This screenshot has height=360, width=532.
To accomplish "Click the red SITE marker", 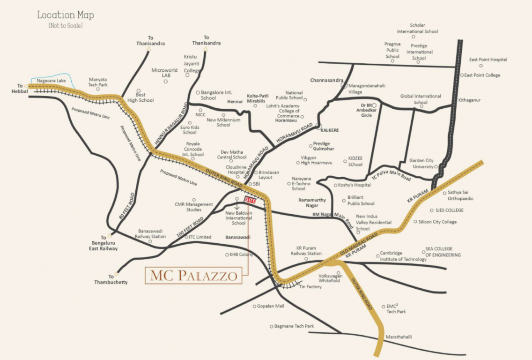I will click(x=251, y=200).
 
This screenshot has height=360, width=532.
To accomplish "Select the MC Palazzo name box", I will click(x=193, y=275).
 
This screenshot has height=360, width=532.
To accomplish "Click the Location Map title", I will click(x=66, y=15).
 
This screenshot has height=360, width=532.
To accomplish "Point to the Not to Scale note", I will click(x=66, y=26).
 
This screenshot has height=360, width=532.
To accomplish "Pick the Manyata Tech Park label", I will click(x=98, y=82).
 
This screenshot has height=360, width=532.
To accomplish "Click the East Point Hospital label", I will click(x=488, y=60).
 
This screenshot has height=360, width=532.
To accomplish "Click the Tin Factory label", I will click(x=310, y=286).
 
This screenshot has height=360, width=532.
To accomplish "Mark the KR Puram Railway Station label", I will click(x=306, y=250).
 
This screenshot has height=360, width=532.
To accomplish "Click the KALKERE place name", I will click(x=329, y=130).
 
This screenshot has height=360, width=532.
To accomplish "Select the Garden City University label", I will click(x=421, y=163).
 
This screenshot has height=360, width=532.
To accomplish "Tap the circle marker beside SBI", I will click(x=250, y=184).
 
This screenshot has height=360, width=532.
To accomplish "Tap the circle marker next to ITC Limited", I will click(x=186, y=237).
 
